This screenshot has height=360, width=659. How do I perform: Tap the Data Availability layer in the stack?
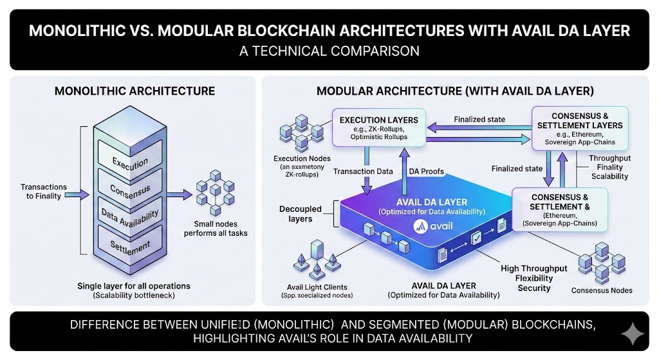pyautogui.click(x=130, y=217)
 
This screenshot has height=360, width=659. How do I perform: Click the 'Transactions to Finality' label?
pyautogui.click(x=42, y=191)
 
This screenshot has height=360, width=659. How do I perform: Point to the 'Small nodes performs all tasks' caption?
pyautogui.click(x=221, y=229)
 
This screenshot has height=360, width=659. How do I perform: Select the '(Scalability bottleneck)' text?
pyautogui.click(x=134, y=296)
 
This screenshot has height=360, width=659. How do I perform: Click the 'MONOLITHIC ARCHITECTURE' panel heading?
pyautogui.click(x=135, y=91)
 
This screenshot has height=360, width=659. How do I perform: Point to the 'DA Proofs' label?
pyautogui.click(x=426, y=171)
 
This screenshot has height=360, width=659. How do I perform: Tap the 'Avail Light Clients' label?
pyautogui.click(x=317, y=287)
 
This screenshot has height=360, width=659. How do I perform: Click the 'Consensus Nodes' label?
pyautogui.click(x=602, y=290)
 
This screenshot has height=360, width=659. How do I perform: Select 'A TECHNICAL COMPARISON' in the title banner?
pyautogui.click(x=329, y=51)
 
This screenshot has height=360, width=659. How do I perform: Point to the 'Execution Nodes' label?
pyautogui.click(x=302, y=158)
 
